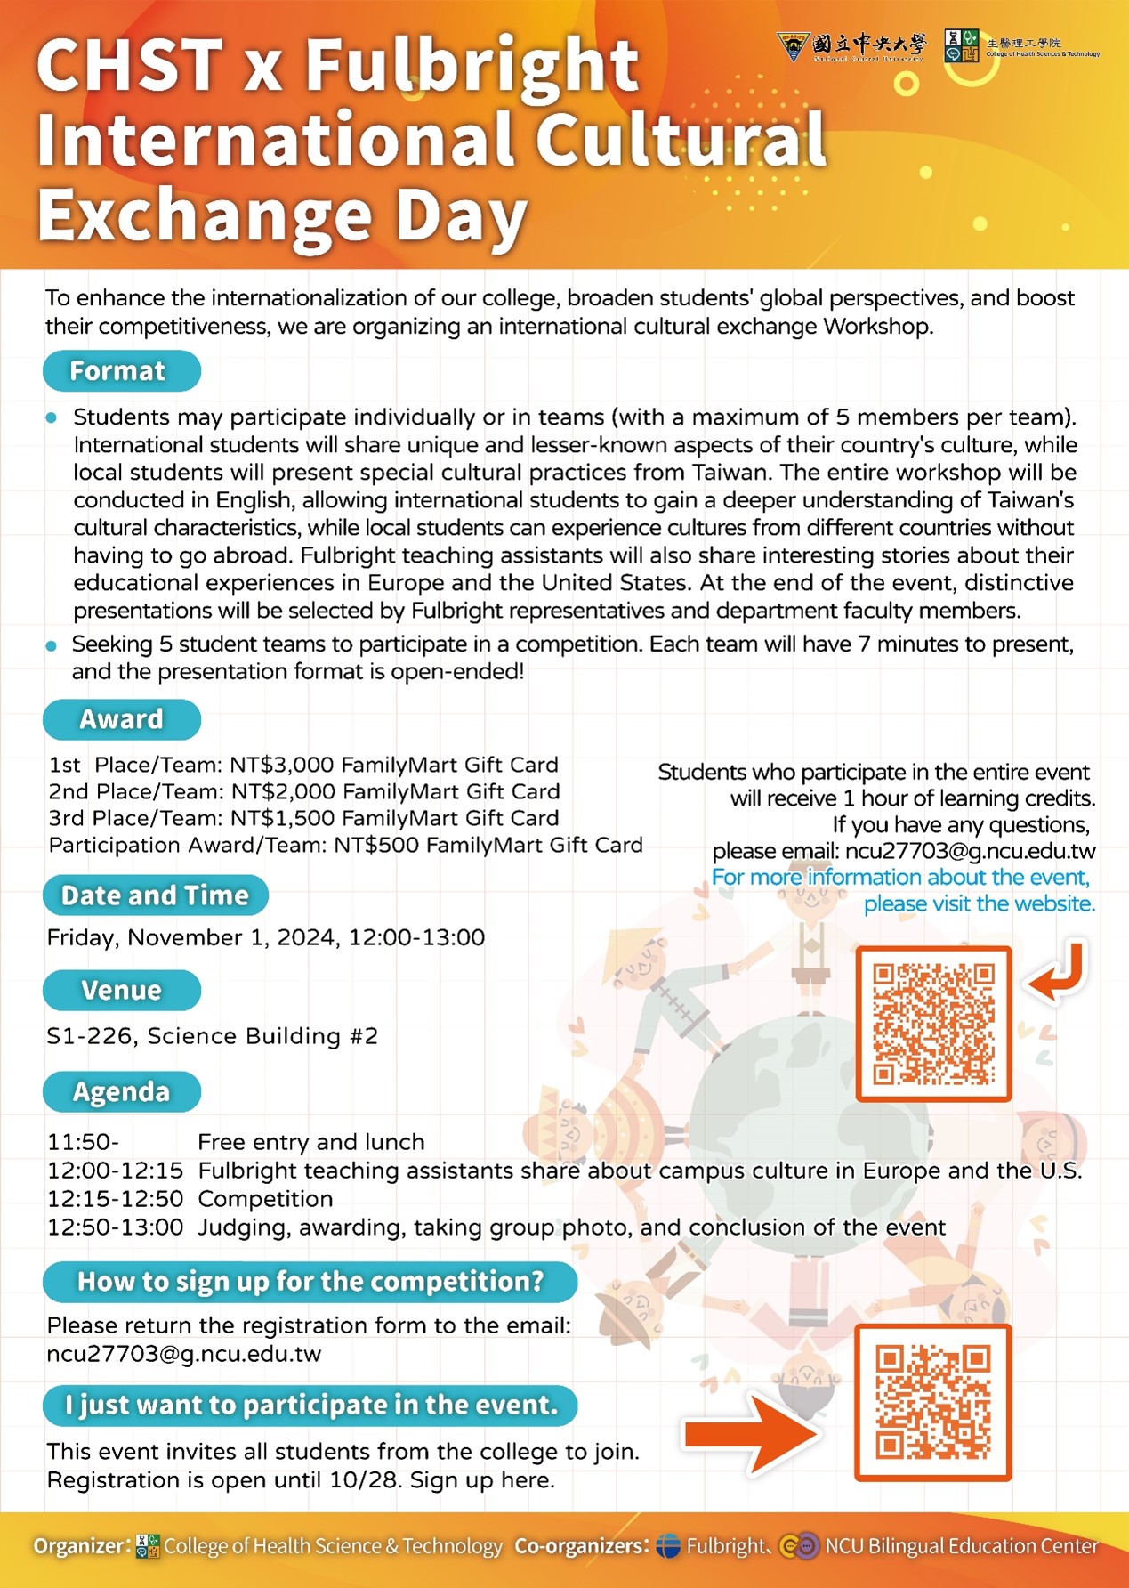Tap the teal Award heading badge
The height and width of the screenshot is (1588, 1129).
pyautogui.click(x=121, y=719)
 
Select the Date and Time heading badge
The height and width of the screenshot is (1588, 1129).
pyautogui.click(x=155, y=895)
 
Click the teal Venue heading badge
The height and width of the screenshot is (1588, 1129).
pyautogui.click(x=121, y=991)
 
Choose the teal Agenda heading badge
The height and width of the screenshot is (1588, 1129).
pyautogui.click(x=121, y=1092)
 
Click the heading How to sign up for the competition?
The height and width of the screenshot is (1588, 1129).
pyautogui.click(x=310, y=1282)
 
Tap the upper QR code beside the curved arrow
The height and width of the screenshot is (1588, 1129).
pyautogui.click(x=933, y=1024)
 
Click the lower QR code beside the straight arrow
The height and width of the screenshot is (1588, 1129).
pyautogui.click(x=933, y=1402)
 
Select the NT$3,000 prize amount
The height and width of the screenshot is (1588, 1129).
pyautogui.click(x=281, y=765)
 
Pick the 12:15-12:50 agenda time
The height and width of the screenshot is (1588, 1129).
pyautogui.click(x=115, y=1199)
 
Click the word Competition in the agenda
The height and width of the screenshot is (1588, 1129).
pyautogui.click(x=265, y=1199)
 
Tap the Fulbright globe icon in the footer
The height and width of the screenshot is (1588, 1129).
pyautogui.click(x=668, y=1546)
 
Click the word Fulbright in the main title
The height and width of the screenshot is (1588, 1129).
pyautogui.click(x=472, y=67)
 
